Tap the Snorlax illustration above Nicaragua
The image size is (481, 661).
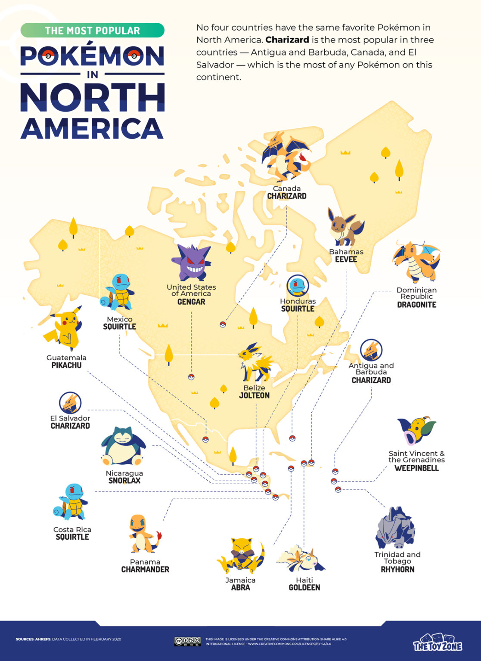[123, 447]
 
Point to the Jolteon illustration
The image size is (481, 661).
[255, 363]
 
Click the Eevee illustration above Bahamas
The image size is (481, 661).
[345, 227]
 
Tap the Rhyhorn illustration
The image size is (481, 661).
[395, 528]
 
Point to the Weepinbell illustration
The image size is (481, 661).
[416, 430]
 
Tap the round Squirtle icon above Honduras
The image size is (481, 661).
[298, 285]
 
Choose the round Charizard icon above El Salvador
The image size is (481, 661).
[70, 403]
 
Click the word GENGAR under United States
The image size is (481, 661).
[191, 302]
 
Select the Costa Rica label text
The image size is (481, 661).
[72, 529]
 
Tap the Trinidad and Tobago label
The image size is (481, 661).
[397, 558]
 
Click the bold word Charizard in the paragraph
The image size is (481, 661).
[287, 40]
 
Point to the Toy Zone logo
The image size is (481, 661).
[438, 642]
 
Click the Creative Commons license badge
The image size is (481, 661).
[187, 642]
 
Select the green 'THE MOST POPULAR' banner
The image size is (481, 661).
[92, 31]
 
